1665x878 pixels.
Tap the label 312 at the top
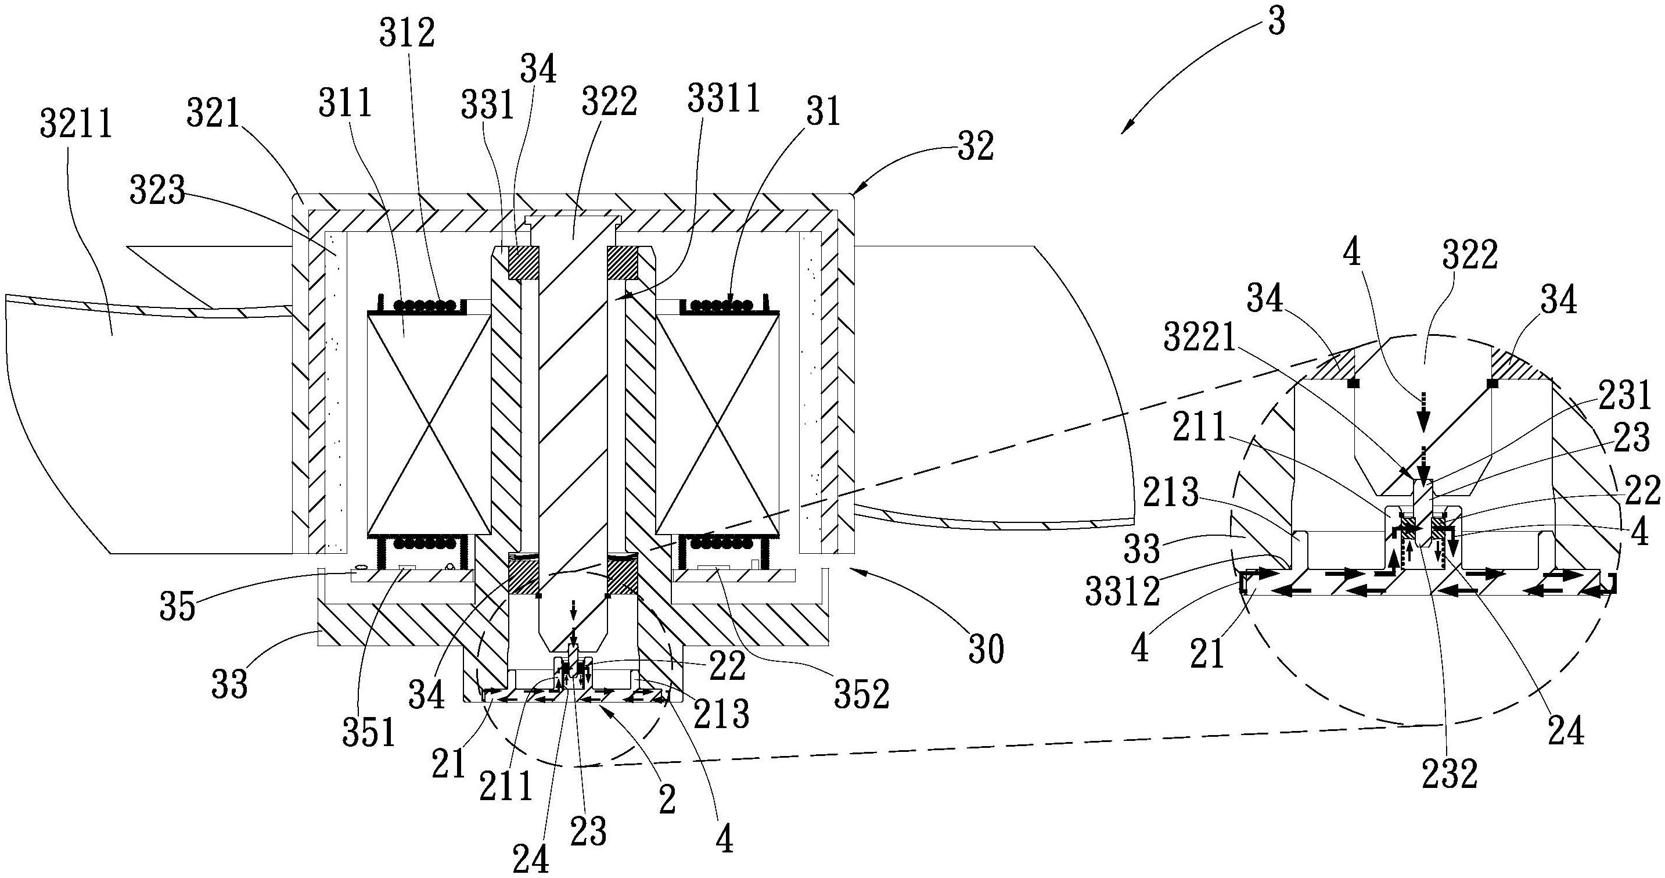point(407,34)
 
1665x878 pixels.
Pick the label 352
point(862,694)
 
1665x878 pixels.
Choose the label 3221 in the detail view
point(1200,338)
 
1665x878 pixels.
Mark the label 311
point(345,103)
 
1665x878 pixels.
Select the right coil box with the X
point(716,425)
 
